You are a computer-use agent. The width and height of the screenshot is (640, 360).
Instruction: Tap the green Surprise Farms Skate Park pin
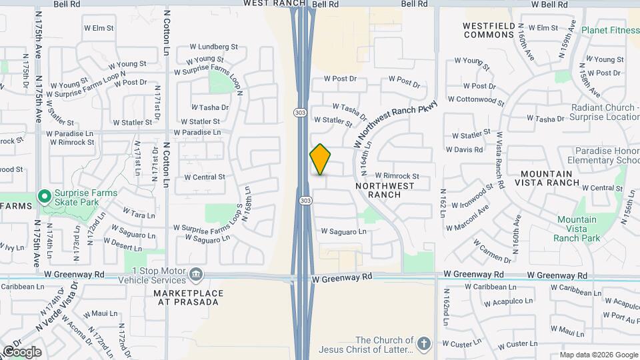tap(45, 197)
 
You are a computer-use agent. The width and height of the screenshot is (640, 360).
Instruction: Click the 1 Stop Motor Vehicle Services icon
tap(196, 274)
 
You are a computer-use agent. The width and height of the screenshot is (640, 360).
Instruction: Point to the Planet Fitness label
tap(609, 31)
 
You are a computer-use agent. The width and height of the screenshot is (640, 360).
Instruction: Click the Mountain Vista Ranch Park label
tap(577, 229)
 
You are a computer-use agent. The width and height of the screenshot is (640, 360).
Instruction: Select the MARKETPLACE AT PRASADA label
tap(186, 297)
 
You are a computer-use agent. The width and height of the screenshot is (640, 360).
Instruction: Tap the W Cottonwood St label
tap(476, 99)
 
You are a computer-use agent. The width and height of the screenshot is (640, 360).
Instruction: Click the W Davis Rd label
tap(464, 150)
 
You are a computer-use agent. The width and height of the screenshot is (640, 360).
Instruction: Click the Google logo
tap(21, 352)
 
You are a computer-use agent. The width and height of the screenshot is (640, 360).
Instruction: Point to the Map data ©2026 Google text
tap(598, 355)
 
